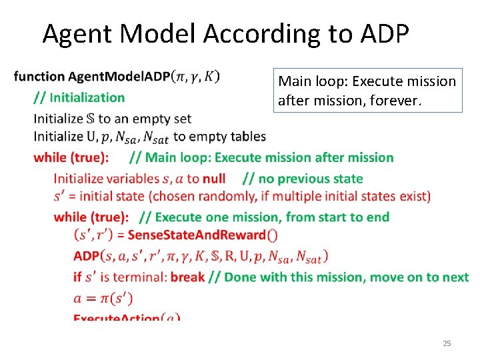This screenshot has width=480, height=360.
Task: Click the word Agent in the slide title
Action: click(x=79, y=33)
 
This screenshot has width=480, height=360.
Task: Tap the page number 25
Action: click(x=447, y=343)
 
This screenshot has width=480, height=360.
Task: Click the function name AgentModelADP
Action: click(x=119, y=77)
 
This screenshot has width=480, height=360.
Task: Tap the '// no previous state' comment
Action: click(x=303, y=178)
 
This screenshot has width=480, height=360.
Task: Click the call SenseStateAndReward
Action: click(x=198, y=235)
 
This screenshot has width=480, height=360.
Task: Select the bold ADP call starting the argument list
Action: click(x=87, y=255)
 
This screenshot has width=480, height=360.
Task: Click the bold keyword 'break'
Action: click(x=187, y=276)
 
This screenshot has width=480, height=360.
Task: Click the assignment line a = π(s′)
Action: click(x=101, y=296)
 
